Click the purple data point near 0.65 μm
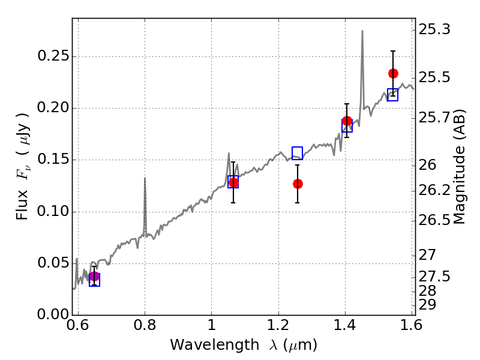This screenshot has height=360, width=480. click(94, 277)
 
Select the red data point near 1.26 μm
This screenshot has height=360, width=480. click(298, 184)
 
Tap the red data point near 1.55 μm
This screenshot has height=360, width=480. click(393, 73)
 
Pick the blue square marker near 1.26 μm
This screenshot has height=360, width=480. click(297, 153)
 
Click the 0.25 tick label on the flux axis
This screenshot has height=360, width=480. click(53, 56)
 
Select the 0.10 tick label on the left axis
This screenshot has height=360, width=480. click(53, 212)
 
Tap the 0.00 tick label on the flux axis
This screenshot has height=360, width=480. click(53, 314)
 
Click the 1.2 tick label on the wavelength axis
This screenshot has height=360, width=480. click(278, 325)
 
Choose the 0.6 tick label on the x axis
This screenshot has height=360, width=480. click(78, 325)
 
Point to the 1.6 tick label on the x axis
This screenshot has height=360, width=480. click(412, 325)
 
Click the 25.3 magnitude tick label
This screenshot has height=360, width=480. click(434, 29)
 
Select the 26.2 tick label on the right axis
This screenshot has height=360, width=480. click(434, 191)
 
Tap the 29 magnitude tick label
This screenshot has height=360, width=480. click(427, 305)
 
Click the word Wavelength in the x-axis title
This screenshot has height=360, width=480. click(215, 345)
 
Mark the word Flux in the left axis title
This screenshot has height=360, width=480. click(22, 205)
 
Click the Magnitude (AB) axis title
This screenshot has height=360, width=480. click(458, 167)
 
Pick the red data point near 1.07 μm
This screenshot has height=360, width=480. click(233, 183)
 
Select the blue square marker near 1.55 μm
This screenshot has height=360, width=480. click(393, 95)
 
